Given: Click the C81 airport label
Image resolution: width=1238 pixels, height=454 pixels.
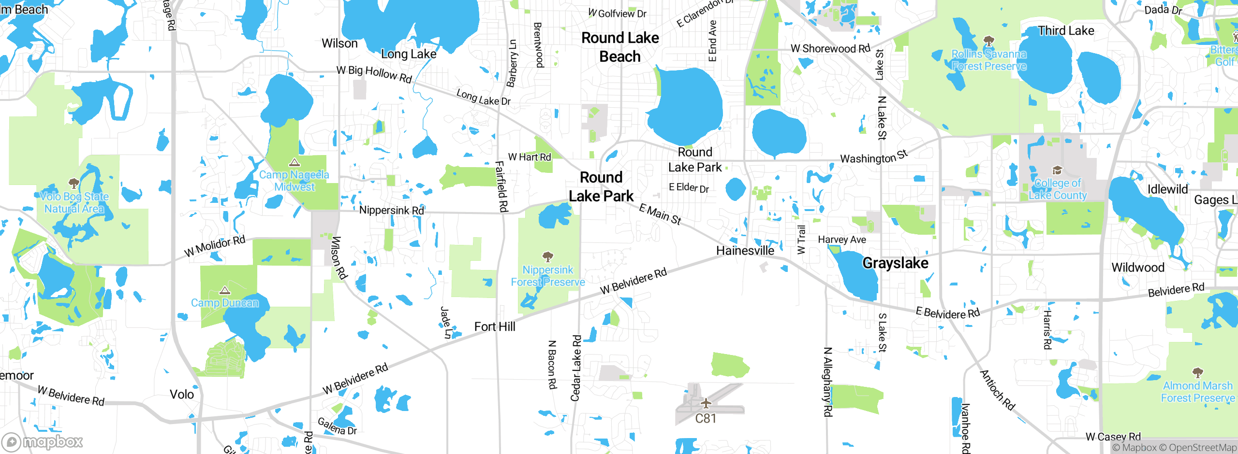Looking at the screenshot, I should pos(706,418).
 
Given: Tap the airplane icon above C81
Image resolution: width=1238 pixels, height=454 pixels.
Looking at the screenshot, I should pos(706,403).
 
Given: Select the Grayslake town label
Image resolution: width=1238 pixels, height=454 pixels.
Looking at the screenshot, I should pos(895,263).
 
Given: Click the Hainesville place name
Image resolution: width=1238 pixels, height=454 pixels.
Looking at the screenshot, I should pos(745,251).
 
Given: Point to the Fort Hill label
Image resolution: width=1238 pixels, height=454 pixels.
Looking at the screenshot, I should pos(495,327).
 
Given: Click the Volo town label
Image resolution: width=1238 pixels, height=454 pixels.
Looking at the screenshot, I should pos(182,395).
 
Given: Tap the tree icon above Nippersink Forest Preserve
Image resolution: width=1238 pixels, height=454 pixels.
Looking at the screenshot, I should pos(547,256).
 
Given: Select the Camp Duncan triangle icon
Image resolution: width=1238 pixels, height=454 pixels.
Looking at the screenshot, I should pos(225,290).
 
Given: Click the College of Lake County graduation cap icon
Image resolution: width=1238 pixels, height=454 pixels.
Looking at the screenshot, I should pos(1057,170).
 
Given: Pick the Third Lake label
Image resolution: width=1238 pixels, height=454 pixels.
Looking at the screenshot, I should pos(1066,31).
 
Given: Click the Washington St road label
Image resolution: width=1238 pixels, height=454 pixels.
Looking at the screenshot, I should pos(874,157).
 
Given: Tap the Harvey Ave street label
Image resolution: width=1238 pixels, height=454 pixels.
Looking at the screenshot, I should pos(842,240).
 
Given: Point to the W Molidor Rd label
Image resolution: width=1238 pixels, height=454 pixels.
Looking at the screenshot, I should pos(215,246).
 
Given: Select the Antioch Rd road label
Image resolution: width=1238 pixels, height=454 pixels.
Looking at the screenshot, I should pos(997,390).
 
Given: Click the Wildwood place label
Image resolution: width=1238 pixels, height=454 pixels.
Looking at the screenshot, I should pos(1137,268).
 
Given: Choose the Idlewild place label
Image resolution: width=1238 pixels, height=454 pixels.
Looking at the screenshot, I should pos(1167,189).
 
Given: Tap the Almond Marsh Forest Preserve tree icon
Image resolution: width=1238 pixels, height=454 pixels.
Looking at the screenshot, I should pos(1197,372).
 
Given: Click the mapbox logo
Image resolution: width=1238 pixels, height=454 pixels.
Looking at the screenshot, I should pos(43,441).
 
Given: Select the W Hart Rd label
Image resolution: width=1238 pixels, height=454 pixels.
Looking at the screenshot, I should pos(530,157).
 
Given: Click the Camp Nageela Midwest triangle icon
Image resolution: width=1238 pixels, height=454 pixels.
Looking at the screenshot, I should pos(294,162).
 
